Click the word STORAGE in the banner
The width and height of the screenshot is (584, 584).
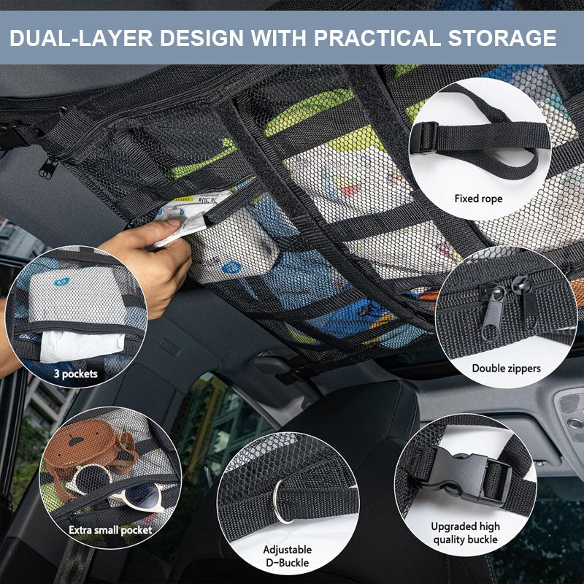pos(502,38)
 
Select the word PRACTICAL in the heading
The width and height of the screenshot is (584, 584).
pos(377,38)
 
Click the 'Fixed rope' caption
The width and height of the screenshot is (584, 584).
pos(478,199)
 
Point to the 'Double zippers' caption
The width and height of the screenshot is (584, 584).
pos(506,369)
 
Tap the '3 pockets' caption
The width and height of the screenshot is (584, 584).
pos(76,374)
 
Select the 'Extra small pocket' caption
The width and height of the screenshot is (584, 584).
pos(110,530)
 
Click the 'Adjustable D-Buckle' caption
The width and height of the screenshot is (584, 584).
pos(287,556)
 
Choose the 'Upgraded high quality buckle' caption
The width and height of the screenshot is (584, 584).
pos(465,533)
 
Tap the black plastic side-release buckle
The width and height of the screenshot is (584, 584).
pos(466,473)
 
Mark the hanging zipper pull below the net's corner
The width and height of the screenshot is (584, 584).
pos(47,168)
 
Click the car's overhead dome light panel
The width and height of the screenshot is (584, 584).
pos(570,421)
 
